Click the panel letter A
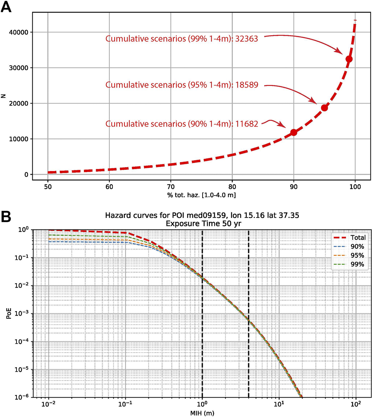[x=8, y=7]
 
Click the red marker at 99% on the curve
[x=349, y=59]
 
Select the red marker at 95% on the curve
[x=324, y=108]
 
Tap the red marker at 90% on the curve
[x=294, y=132]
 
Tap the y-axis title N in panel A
[x=4, y=96]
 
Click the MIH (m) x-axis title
[x=202, y=413]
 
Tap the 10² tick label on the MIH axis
[x=356, y=405]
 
